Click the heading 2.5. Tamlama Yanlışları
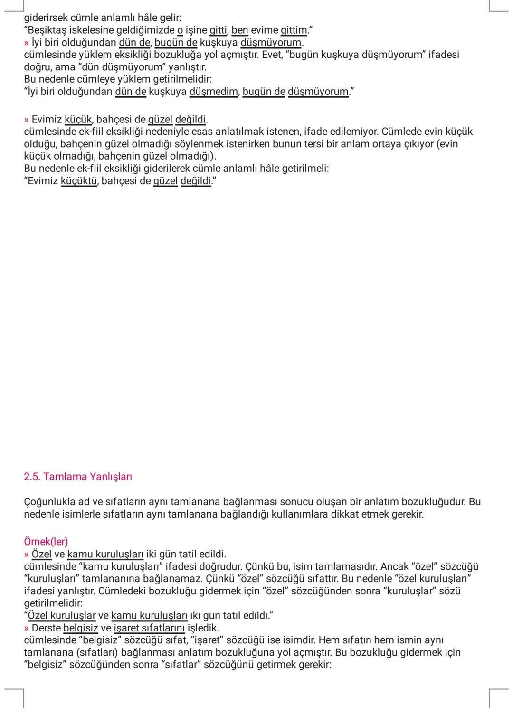pyautogui.click(x=78, y=477)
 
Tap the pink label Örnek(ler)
pyautogui.click(x=46, y=542)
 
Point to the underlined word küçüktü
pyautogui.click(x=79, y=181)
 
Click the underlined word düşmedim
pyautogui.click(x=214, y=92)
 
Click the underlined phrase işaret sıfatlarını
pyautogui.click(x=149, y=628)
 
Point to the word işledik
pyautogui.click(x=203, y=628)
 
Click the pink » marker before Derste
pyautogui.click(x=27, y=628)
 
